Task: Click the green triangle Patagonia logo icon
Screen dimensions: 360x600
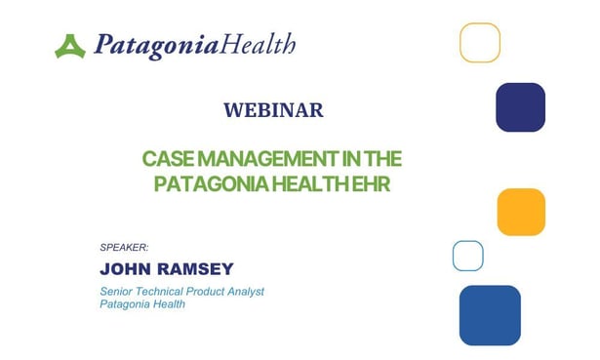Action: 70,46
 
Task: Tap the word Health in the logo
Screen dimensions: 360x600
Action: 259,45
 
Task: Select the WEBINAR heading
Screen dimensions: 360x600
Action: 273,110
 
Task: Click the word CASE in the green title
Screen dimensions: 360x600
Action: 165,159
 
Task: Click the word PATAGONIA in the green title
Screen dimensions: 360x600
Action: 200,184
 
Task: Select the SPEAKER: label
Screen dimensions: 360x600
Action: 124,247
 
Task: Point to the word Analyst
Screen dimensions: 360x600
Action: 244,291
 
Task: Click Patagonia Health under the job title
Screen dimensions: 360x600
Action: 142,304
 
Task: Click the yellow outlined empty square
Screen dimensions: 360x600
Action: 480,42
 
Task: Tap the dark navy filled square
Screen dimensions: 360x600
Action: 520,107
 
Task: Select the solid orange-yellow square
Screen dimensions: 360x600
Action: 521,212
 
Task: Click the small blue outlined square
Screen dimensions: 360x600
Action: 468,256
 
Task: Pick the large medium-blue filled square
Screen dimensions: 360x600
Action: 490,315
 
